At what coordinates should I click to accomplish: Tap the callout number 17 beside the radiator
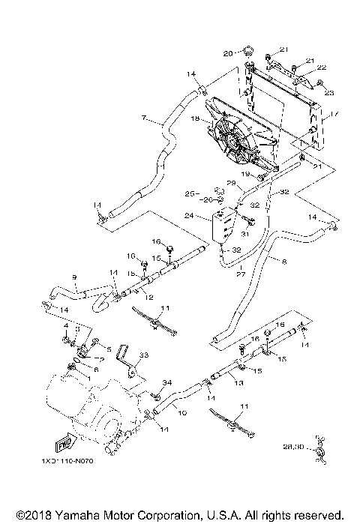334,115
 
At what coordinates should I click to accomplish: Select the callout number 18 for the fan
194,118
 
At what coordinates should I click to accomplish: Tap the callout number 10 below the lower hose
181,412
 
